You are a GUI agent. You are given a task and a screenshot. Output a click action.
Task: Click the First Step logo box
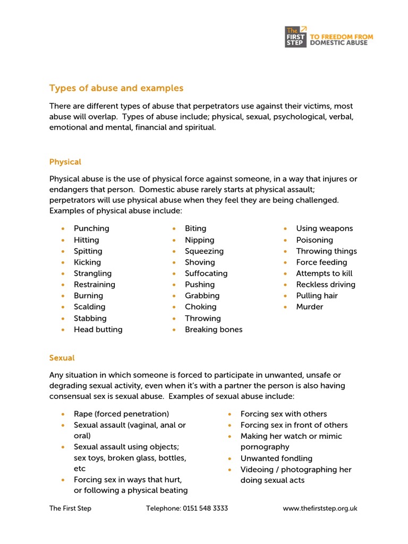pyautogui.click(x=296, y=37)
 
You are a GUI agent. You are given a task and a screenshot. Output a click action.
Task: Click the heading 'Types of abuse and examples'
pyautogui.click(x=116, y=88)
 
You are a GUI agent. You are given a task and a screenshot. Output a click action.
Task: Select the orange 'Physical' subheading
pyautogui.click(x=65, y=161)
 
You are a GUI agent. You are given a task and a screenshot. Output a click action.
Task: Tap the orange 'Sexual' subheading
pyautogui.click(x=62, y=358)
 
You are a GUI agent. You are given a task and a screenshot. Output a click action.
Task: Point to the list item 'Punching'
pyautogui.click(x=91, y=228)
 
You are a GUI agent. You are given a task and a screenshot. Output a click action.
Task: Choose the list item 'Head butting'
pyautogui.click(x=98, y=329)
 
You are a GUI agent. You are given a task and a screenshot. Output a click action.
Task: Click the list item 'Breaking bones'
pyautogui.click(x=213, y=329)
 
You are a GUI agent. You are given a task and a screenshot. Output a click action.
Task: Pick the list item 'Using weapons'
pyautogui.click(x=324, y=228)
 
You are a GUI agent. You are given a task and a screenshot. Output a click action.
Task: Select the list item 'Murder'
pyautogui.click(x=309, y=307)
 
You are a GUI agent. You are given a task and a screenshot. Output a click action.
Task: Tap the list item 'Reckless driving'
pyautogui.click(x=326, y=284)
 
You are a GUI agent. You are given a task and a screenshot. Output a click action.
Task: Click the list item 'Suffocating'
pyautogui.click(x=206, y=273)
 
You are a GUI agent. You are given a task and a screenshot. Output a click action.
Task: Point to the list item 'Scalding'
pyautogui.click(x=89, y=307)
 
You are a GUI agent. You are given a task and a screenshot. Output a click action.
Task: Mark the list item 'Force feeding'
pyautogui.click(x=321, y=262)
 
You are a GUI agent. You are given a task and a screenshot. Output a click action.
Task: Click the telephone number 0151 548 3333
pyautogui.click(x=205, y=508)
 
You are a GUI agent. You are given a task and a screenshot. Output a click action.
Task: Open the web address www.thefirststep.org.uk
pyautogui.click(x=320, y=508)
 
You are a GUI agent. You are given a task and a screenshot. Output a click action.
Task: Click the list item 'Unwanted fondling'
pyautogui.click(x=276, y=458)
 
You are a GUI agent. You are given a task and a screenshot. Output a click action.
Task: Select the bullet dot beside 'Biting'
pyautogui.click(x=174, y=228)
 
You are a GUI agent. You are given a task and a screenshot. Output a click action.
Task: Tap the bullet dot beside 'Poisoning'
pyautogui.click(x=285, y=240)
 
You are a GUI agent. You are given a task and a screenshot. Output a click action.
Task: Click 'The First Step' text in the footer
pyautogui.click(x=70, y=508)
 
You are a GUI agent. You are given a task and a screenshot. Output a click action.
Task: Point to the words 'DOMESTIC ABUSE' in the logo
pyautogui.click(x=338, y=42)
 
